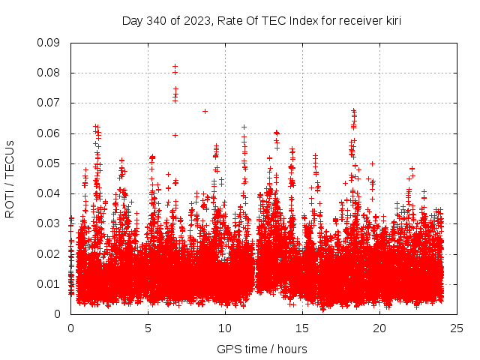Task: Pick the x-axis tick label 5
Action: (148, 328)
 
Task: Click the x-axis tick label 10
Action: (226, 328)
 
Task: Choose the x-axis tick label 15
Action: (303, 328)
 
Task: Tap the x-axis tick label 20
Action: (380, 328)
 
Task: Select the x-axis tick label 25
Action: (457, 328)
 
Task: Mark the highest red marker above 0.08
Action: (175, 67)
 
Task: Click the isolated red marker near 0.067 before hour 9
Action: (205, 111)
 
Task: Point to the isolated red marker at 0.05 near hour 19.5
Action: (372, 163)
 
